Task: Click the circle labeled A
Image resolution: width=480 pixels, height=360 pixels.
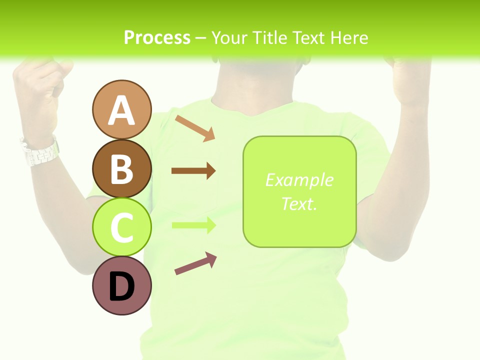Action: (121, 109)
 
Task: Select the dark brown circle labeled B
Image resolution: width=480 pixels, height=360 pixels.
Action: (121, 168)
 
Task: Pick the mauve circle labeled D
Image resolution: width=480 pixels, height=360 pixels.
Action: (121, 285)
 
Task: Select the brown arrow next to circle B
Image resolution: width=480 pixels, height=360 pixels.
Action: (193, 171)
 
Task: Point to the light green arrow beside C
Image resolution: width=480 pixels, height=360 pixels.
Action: (193, 225)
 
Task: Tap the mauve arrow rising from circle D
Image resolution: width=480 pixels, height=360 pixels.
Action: (195, 263)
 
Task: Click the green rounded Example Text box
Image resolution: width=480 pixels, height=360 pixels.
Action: (299, 191)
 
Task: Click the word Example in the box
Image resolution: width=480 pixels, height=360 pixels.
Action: (299, 180)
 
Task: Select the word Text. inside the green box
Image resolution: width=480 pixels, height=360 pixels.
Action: (299, 203)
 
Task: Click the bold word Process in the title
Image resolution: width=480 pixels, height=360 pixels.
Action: (157, 37)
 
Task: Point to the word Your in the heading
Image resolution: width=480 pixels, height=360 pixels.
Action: (230, 37)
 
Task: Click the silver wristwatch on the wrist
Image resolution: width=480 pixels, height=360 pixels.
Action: (40, 150)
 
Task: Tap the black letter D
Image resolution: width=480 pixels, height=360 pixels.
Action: (121, 287)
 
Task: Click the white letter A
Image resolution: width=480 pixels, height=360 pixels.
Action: (121, 110)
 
